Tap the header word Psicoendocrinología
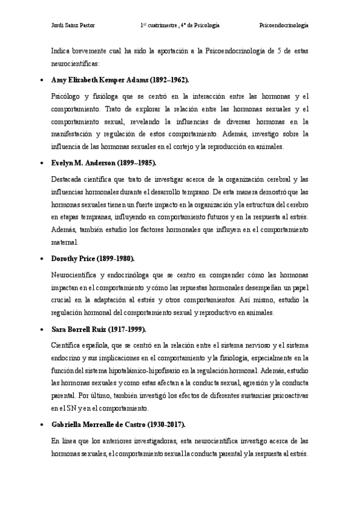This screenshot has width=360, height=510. pyautogui.click(x=284, y=26)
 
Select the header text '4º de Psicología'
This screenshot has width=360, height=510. pyautogui.click(x=200, y=26)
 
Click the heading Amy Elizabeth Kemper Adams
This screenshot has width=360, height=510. pyautogui.click(x=97, y=79)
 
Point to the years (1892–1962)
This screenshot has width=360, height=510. pyautogui.click(x=166, y=79)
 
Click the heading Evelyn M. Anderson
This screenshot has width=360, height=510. pyautogui.click(x=84, y=162)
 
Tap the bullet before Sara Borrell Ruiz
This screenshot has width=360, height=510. pyautogui.click(x=40, y=330)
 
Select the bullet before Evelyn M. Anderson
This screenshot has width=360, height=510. pyautogui.click(x=40, y=163)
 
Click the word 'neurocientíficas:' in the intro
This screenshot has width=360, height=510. pyautogui.click(x=76, y=63)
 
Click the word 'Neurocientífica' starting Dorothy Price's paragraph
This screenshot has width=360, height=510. pyautogui.click(x=75, y=275)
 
